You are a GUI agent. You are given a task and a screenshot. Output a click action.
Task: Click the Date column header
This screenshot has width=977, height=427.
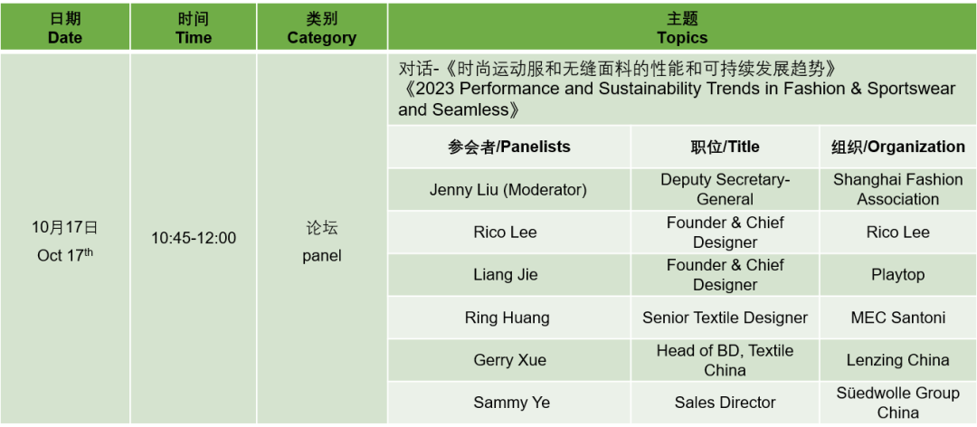tap(65, 27)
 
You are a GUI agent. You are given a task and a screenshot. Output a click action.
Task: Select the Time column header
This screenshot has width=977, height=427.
tap(194, 27)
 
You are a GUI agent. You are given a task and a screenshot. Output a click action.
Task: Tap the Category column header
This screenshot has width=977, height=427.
tap(321, 27)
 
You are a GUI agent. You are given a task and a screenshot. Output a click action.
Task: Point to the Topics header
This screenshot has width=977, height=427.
tap(682, 27)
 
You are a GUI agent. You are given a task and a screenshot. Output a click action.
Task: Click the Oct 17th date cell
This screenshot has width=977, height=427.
tap(65, 239)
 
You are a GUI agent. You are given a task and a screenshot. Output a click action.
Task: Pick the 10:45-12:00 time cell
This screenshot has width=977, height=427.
tap(194, 238)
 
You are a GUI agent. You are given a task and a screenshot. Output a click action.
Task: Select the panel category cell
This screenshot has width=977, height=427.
tap(321, 239)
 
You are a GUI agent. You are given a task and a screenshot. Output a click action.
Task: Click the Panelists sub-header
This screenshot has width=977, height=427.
tap(508, 147)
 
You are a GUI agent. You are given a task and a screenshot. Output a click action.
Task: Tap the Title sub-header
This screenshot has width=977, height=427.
tap(725, 147)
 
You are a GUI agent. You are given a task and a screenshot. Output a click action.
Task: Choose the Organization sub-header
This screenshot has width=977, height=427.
tap(898, 147)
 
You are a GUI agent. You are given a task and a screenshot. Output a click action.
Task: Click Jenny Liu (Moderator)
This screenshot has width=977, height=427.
tap(508, 189)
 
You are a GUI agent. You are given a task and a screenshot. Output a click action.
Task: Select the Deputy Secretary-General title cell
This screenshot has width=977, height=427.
tap(725, 189)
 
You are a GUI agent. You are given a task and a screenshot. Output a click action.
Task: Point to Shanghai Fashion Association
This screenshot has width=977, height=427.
tap(898, 189)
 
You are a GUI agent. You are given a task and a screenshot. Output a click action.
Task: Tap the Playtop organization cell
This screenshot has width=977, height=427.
tap(898, 275)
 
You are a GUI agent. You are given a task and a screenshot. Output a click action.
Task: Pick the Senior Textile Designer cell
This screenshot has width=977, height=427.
tap(725, 318)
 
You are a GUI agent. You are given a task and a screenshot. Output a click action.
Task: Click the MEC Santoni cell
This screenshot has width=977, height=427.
tap(898, 318)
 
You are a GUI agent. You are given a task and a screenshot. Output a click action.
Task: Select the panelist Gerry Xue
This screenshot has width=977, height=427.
tap(508, 360)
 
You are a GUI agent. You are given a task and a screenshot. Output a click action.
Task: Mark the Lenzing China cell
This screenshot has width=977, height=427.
tap(898, 360)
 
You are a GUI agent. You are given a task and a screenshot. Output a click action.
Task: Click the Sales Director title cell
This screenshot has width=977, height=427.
tap(725, 403)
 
